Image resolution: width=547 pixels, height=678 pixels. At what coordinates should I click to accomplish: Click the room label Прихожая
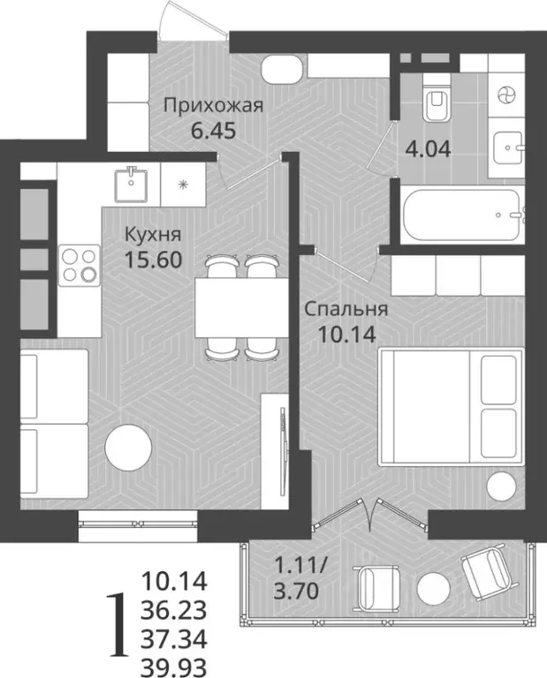(x=213, y=108)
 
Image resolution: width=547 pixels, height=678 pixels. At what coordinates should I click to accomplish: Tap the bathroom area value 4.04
(x=428, y=148)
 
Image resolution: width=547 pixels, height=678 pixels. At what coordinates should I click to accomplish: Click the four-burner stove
(x=78, y=263)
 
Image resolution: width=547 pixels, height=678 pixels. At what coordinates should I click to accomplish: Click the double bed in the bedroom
(x=451, y=405)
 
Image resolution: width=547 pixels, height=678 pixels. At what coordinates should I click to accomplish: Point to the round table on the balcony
(x=433, y=588)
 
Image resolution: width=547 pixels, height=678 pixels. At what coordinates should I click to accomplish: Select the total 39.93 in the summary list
(x=174, y=664)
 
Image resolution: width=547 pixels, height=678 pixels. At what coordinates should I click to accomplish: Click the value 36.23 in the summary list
(x=174, y=609)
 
